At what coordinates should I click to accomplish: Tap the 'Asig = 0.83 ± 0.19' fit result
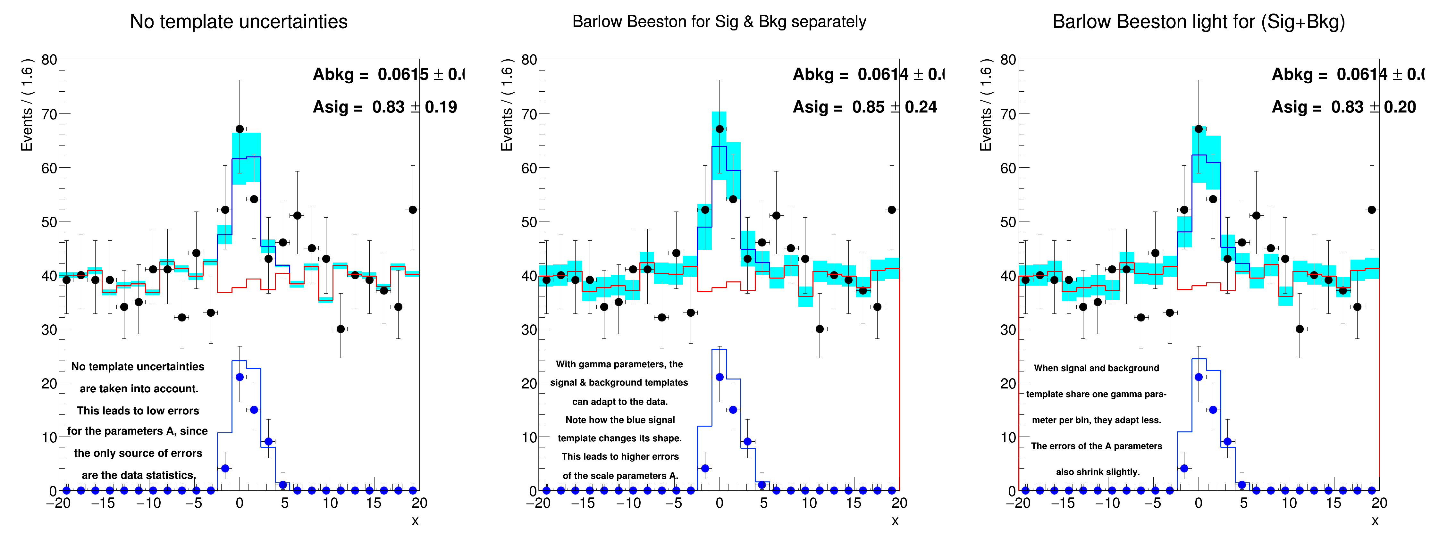pos(384,107)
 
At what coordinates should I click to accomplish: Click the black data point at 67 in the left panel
pos(240,129)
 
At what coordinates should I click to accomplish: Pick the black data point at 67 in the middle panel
pos(719,129)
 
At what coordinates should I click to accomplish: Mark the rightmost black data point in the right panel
pos(1371,210)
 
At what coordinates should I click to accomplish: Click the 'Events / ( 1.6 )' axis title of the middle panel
pos(507,109)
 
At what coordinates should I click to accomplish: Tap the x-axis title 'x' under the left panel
pos(415,521)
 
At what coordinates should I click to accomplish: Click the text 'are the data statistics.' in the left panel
pos(139,475)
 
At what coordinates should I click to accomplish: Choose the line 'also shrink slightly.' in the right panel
pos(1097,472)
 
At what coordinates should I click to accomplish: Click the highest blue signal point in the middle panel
pos(719,378)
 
